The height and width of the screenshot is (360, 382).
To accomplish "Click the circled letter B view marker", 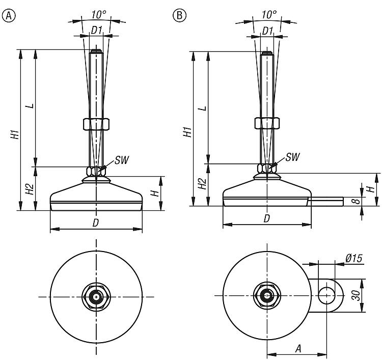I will tap(179, 15).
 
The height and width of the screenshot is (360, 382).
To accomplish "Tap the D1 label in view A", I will tap(96, 30).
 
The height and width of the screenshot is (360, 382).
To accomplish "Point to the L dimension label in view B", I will tap(202, 108).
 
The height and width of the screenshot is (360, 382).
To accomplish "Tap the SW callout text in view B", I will tap(292, 157).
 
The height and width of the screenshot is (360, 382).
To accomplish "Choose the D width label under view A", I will tap(96, 223).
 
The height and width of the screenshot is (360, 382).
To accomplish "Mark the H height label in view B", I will tap(371, 189).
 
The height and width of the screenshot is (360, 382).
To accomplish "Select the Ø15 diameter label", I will tap(353, 259).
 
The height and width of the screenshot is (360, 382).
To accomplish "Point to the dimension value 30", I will tap(371, 295).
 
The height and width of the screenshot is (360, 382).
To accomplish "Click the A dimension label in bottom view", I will tap(298, 348).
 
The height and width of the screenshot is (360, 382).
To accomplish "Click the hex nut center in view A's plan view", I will tap(96, 296).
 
